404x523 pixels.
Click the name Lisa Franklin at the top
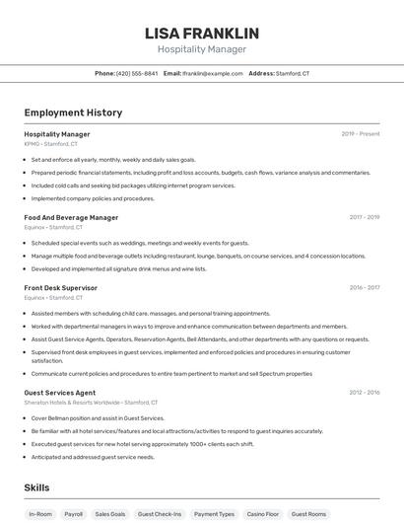click(x=201, y=32)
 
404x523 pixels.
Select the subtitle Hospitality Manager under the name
click(x=201, y=49)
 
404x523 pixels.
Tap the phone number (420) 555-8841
click(x=137, y=74)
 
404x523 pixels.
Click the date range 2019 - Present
click(x=361, y=134)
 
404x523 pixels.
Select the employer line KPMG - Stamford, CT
click(x=53, y=144)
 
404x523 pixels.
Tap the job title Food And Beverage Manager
click(x=71, y=217)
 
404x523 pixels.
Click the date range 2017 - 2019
click(x=364, y=217)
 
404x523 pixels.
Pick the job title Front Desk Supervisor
click(x=61, y=288)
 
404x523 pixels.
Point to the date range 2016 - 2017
click(x=364, y=288)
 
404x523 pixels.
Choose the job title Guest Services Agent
click(x=60, y=392)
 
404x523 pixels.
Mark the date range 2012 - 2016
click(x=364, y=392)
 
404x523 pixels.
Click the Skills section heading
click(x=36, y=487)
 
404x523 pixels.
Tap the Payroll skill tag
click(x=74, y=514)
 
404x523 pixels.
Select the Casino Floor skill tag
click(x=262, y=514)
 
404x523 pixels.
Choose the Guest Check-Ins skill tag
click(x=160, y=514)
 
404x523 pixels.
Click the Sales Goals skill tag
click(x=110, y=514)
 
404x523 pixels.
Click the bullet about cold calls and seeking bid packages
click(x=133, y=186)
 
